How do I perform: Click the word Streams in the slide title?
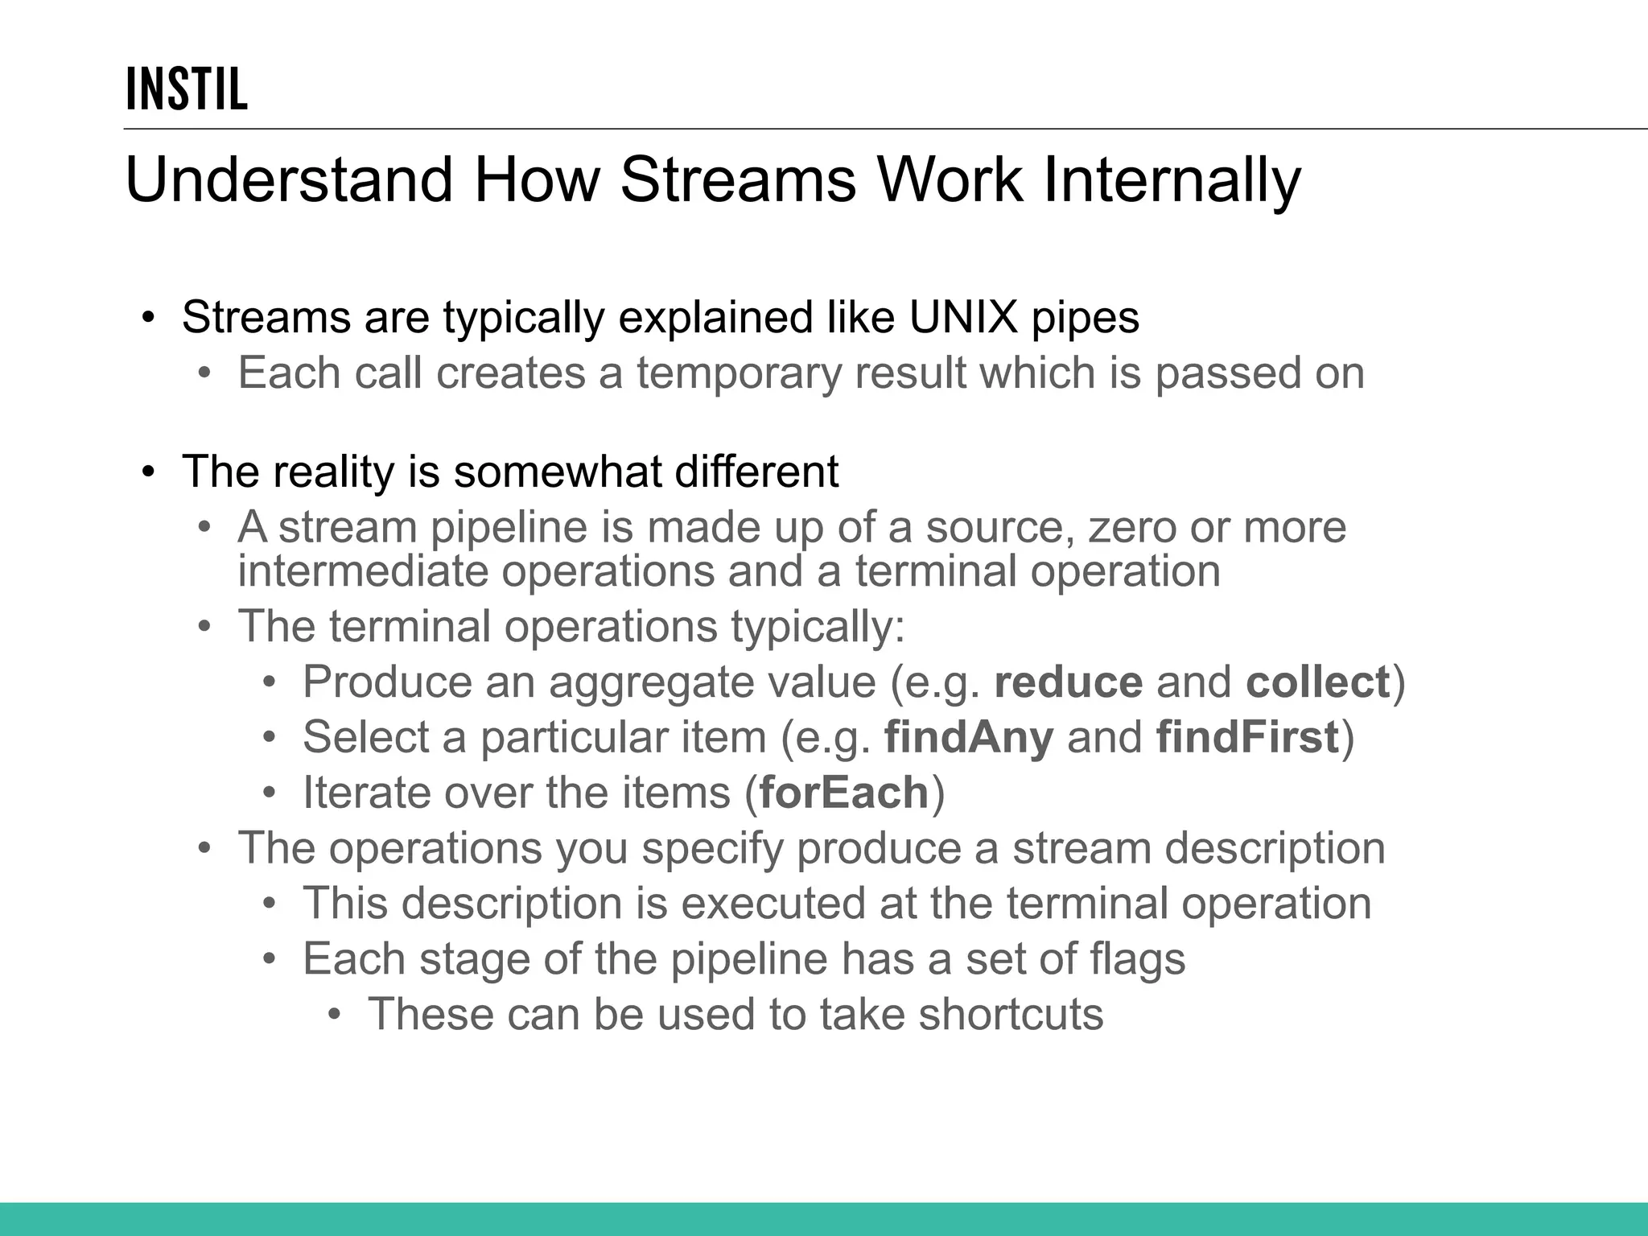pos(738,179)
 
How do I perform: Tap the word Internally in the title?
pos(1172,179)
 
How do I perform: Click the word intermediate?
pos(363,571)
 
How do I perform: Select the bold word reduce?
pos(1068,682)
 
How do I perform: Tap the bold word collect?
pos(1317,682)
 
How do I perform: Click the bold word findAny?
pos(968,737)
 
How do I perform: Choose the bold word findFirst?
pos(1247,737)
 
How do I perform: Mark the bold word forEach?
pos(844,793)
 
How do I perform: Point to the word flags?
pos(1136,958)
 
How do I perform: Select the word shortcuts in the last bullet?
pos(1011,1014)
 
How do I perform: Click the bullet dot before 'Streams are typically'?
pos(147,318)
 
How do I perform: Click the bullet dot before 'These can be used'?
pos(336,1015)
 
